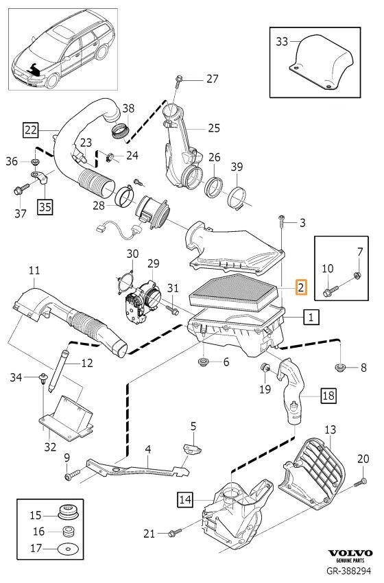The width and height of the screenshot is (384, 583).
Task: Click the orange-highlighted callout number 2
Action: (x=301, y=286)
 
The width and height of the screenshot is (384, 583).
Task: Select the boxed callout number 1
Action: (x=311, y=317)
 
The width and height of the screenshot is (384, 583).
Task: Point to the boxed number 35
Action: (x=45, y=206)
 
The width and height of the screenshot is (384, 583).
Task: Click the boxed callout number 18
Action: (x=328, y=395)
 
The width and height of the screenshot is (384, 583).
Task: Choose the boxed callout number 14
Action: (x=185, y=499)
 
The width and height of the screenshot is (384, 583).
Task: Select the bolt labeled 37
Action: (x=21, y=189)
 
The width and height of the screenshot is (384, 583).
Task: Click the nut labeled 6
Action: (x=203, y=361)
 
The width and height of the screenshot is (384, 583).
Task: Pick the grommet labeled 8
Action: (x=340, y=368)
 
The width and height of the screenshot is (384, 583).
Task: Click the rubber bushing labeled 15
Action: (x=67, y=513)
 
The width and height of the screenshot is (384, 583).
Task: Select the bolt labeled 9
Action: (x=72, y=475)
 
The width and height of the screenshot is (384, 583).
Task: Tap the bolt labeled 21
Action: (x=174, y=533)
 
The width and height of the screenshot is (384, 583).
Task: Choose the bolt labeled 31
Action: (x=172, y=309)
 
